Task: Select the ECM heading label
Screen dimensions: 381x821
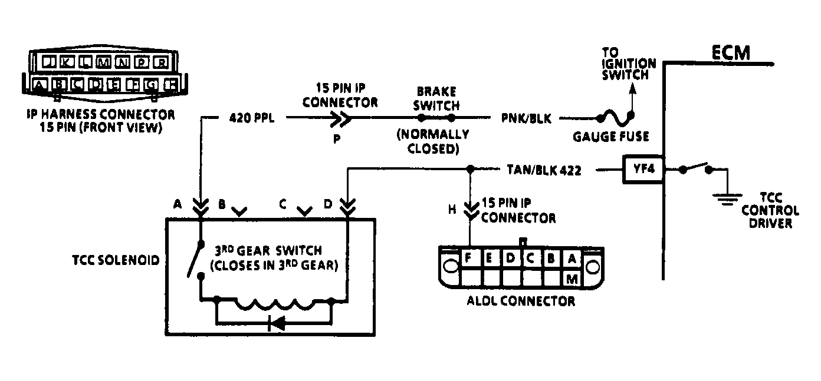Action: (x=730, y=52)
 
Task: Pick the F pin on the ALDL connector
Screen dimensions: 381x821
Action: (x=469, y=259)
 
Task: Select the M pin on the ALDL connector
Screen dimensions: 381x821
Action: (x=571, y=279)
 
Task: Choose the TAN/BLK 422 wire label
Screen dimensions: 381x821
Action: (x=544, y=171)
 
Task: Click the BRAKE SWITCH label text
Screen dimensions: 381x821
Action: (x=438, y=98)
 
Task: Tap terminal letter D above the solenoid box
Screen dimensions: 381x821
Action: (x=328, y=204)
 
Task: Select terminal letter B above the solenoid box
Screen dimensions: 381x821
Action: (x=222, y=204)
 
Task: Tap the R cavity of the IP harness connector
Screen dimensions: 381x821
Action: (x=161, y=62)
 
